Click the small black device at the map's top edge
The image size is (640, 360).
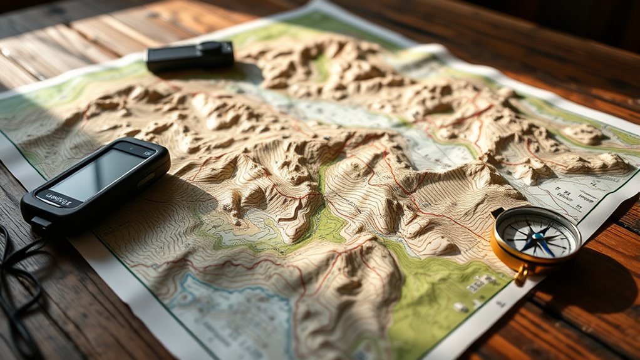click(x=190, y=56)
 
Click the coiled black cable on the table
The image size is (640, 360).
click(x=16, y=275)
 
